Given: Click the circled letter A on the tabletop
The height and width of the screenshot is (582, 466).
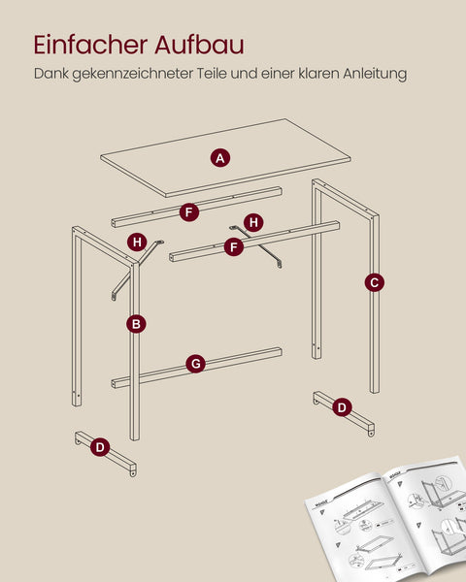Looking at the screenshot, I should point(220,157).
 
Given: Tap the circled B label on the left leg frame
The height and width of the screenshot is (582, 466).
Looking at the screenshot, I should point(137,323).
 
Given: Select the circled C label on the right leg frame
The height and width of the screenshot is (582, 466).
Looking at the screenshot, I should point(374,282).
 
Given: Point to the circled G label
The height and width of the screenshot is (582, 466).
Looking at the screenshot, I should point(196,364).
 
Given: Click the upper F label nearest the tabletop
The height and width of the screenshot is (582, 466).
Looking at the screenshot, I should point(189,211).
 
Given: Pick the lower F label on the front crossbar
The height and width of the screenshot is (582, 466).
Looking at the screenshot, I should point(233,247).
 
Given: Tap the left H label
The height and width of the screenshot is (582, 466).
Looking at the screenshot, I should point(137,241).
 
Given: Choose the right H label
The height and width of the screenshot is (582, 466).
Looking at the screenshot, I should point(253,222).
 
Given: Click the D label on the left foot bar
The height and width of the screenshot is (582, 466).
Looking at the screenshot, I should point(99,446).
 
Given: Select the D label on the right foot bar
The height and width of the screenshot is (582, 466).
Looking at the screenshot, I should point(341,407).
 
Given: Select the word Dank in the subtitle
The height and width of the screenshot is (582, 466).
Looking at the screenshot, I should point(50,73).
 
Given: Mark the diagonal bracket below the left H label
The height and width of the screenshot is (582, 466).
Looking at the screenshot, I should point(123,276).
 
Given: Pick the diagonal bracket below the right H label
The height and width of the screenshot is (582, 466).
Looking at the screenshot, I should point(273,257).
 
